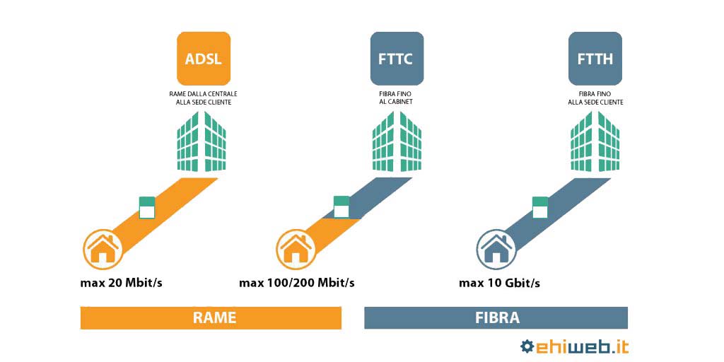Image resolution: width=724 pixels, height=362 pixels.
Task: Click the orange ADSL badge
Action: [204, 58]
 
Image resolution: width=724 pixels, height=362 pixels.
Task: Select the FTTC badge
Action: [397, 58]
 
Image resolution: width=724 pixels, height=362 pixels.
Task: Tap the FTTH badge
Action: [595, 58]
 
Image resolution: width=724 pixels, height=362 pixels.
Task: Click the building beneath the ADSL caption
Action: [202, 141]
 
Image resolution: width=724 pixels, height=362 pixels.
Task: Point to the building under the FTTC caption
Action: [397, 141]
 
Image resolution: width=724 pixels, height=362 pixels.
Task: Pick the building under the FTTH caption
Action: [595, 141]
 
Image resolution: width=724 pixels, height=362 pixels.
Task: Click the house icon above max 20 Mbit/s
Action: [103, 250]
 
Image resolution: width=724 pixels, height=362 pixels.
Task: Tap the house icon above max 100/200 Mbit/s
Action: [296, 250]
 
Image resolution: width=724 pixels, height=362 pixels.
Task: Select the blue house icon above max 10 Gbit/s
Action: [496, 250]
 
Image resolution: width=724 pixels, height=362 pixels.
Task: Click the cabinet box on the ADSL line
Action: [147, 207]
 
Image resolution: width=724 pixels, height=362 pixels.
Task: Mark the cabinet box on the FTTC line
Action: [341, 207]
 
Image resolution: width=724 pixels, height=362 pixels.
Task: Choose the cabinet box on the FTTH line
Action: [540, 207]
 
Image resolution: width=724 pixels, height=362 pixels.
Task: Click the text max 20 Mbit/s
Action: [121, 283]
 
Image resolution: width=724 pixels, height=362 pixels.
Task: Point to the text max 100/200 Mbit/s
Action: [297, 283]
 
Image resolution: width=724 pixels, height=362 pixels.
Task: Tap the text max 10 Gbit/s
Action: [499, 283]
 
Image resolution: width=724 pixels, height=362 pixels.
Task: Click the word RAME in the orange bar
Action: [214, 317]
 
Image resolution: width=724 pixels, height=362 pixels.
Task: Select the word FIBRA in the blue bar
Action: [497, 317]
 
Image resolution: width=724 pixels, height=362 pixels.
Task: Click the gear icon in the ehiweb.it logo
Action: [527, 346]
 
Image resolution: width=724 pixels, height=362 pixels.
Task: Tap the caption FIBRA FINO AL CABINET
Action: [397, 98]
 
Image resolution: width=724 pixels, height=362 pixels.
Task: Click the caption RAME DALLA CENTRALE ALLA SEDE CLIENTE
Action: [204, 98]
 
